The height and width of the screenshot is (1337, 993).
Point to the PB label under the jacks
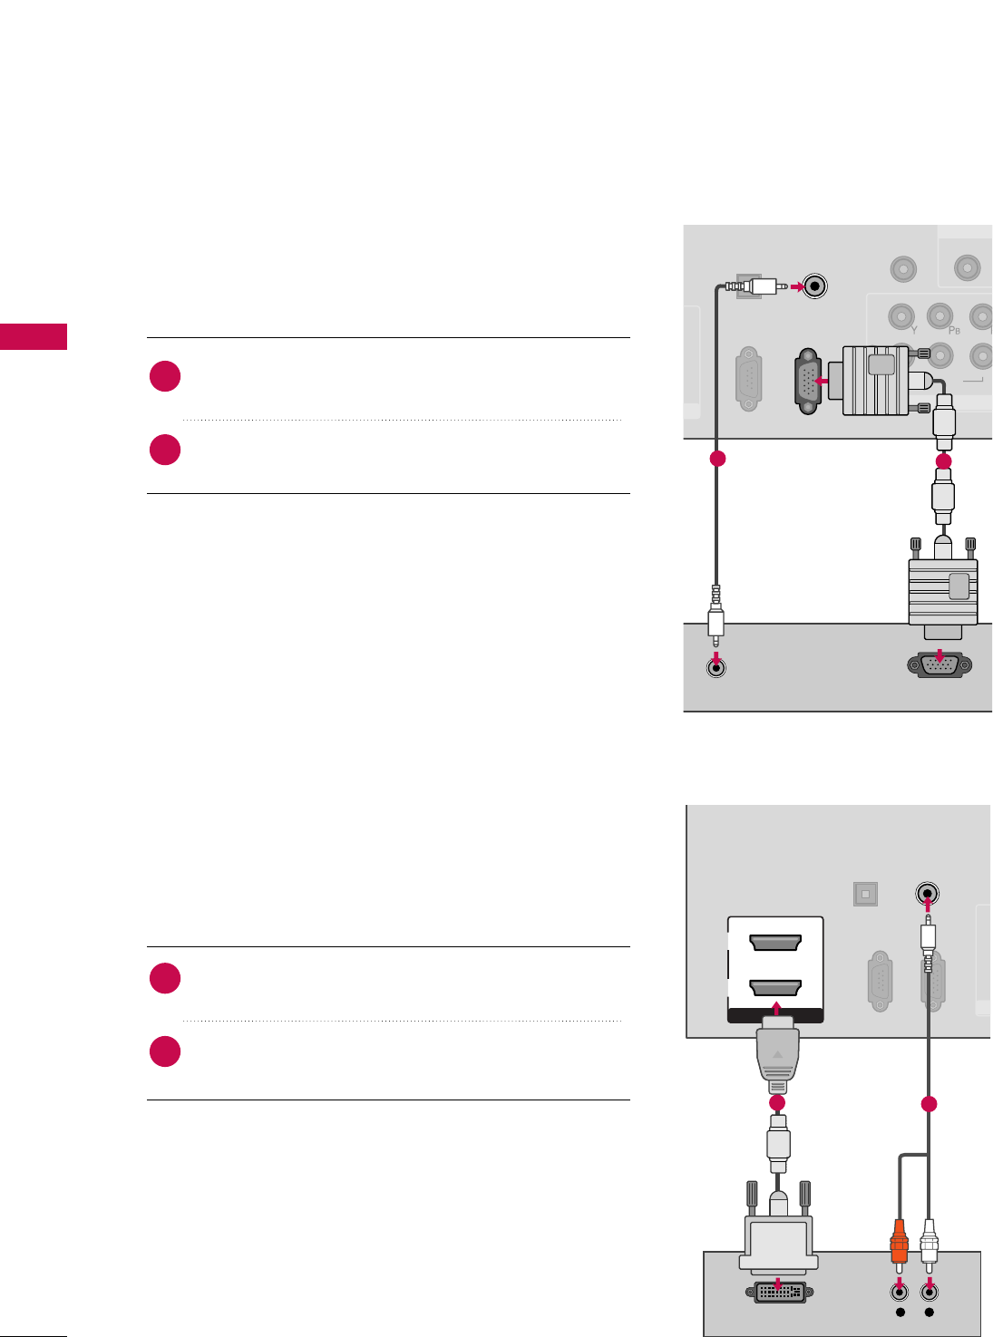(x=954, y=331)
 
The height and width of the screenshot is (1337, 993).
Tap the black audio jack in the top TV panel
(x=815, y=286)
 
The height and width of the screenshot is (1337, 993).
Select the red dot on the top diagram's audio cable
(x=717, y=459)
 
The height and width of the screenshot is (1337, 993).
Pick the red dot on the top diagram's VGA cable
(x=943, y=461)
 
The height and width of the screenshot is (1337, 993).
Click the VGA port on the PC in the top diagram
(x=939, y=665)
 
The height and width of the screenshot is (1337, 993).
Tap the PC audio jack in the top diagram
(x=716, y=669)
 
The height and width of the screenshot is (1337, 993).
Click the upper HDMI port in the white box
(x=775, y=944)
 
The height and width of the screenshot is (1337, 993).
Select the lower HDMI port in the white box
(x=775, y=987)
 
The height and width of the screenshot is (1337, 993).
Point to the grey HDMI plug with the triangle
(x=776, y=1056)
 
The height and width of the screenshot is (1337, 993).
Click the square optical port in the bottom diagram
(x=865, y=894)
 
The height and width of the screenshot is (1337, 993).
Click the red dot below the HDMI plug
(x=776, y=1103)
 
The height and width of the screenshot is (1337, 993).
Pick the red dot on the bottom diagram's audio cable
(x=928, y=1104)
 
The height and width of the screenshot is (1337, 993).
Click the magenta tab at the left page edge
(x=34, y=336)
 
